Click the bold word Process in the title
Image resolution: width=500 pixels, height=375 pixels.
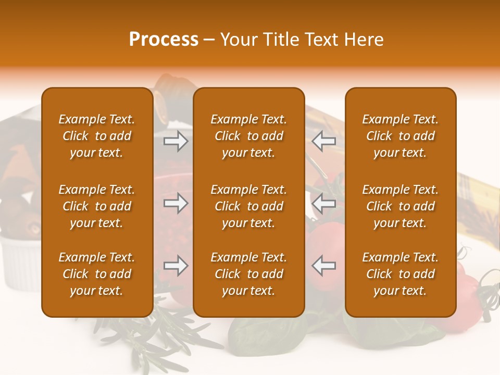164,40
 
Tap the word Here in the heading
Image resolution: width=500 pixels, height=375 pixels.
362,40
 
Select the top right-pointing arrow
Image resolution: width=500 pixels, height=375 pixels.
176,141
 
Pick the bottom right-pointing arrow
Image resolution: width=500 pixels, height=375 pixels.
176,266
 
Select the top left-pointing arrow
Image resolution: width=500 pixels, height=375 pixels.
323,141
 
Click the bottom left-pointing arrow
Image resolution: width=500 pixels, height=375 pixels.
323,266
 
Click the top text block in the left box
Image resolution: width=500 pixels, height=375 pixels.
97,136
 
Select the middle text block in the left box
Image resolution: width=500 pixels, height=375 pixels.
97,206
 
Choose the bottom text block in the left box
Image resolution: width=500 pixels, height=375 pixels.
97,274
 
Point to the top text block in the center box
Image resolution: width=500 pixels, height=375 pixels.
248,136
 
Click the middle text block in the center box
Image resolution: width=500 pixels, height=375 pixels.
248,206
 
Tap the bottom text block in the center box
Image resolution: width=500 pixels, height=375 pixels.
248,274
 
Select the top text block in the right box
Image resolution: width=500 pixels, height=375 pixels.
400,136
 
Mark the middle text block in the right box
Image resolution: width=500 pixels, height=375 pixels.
400,206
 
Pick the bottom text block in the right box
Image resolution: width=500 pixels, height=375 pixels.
400,274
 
